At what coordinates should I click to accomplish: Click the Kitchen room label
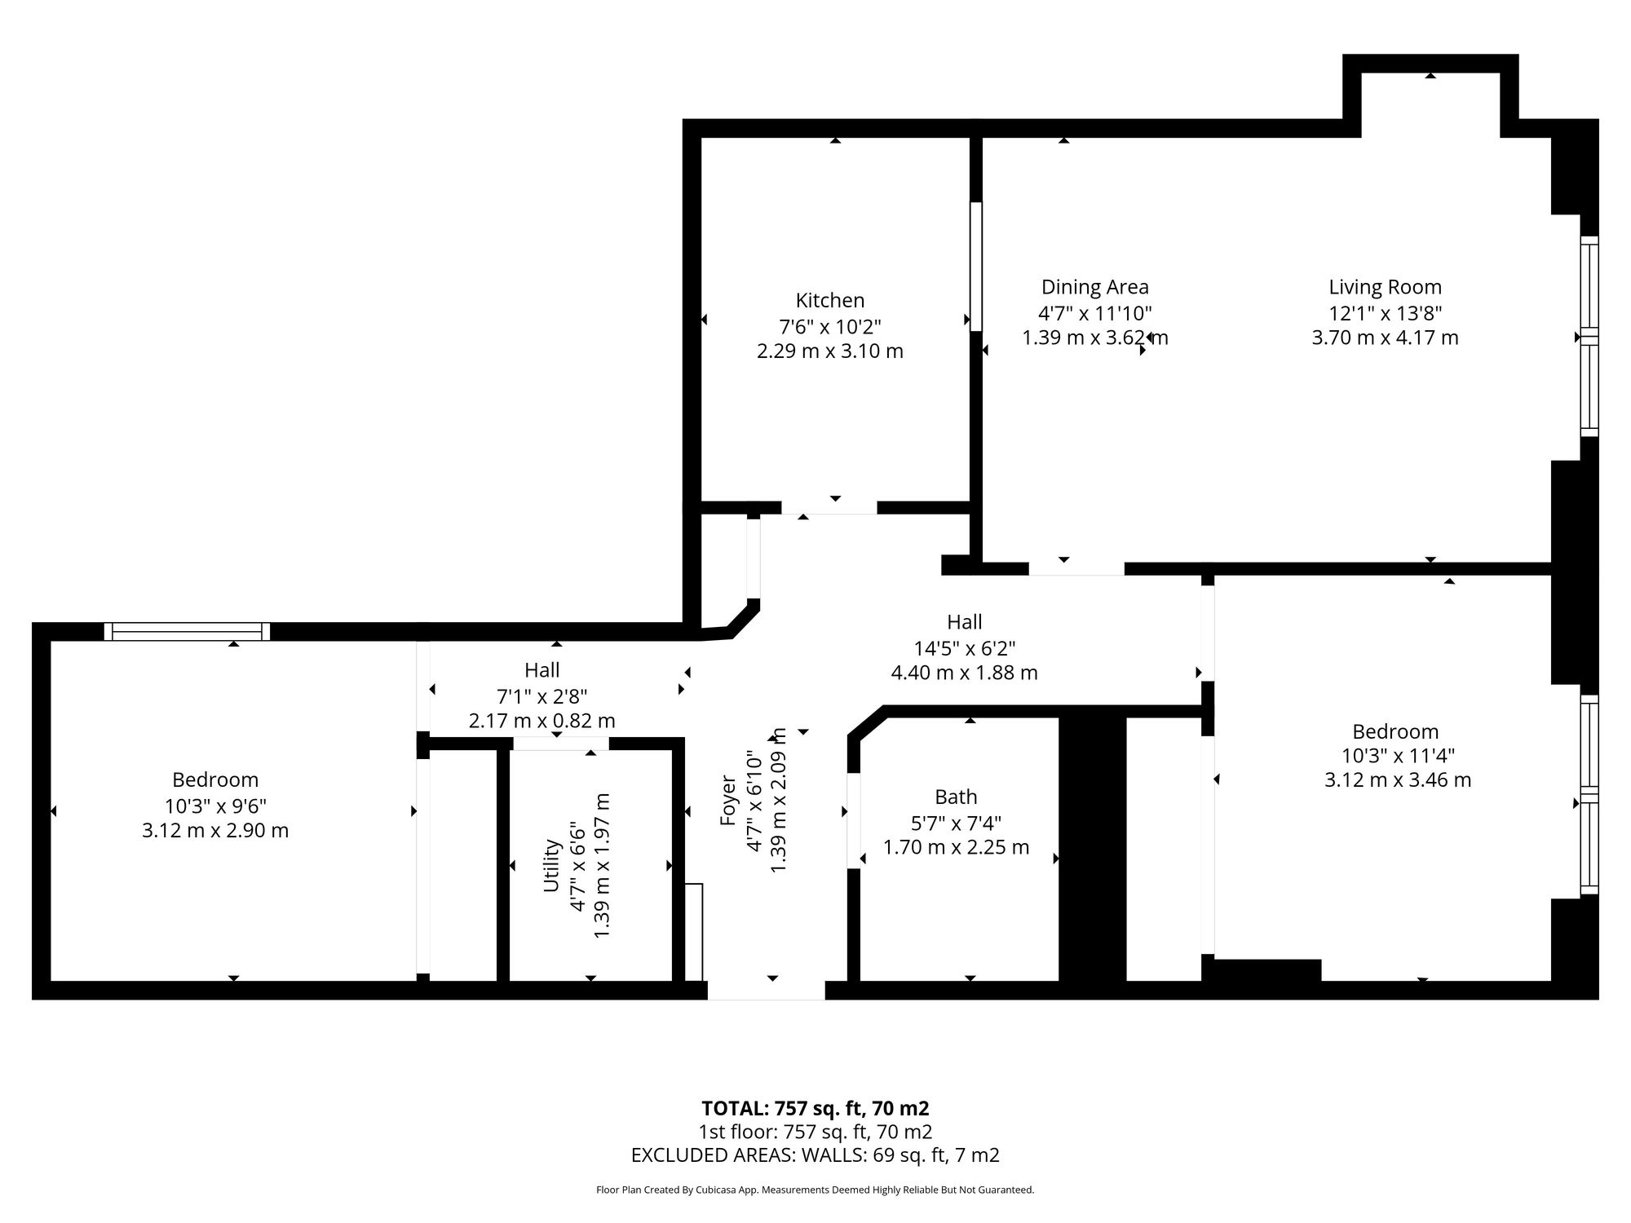[x=830, y=301]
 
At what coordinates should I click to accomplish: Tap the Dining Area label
[x=1095, y=287]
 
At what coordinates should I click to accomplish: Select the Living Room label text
[x=1386, y=288]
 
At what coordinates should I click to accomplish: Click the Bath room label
[x=956, y=797]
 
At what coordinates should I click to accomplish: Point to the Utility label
[x=552, y=865]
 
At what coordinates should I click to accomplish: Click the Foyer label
[x=728, y=800]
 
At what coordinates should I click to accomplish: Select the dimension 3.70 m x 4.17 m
[x=1385, y=338]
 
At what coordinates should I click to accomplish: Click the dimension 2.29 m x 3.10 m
[x=830, y=351]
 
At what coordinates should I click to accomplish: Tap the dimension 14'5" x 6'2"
[x=965, y=648]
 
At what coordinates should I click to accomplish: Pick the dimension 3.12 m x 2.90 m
[x=215, y=831]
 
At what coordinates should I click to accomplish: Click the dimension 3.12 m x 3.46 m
[x=1398, y=780]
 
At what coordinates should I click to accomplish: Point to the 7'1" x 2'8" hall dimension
[x=542, y=696]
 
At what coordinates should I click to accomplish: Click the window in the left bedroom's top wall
[x=187, y=631]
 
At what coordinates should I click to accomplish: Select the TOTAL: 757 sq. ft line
[x=815, y=1109]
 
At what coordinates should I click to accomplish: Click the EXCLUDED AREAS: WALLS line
[x=815, y=1155]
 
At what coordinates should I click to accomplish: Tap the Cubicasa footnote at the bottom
[x=815, y=1190]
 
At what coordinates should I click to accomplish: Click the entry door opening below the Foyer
[x=766, y=990]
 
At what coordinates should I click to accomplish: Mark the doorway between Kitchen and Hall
[x=829, y=507]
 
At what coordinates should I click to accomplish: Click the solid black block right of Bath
[x=1093, y=848]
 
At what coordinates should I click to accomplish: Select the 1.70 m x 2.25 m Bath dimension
[x=957, y=847]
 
